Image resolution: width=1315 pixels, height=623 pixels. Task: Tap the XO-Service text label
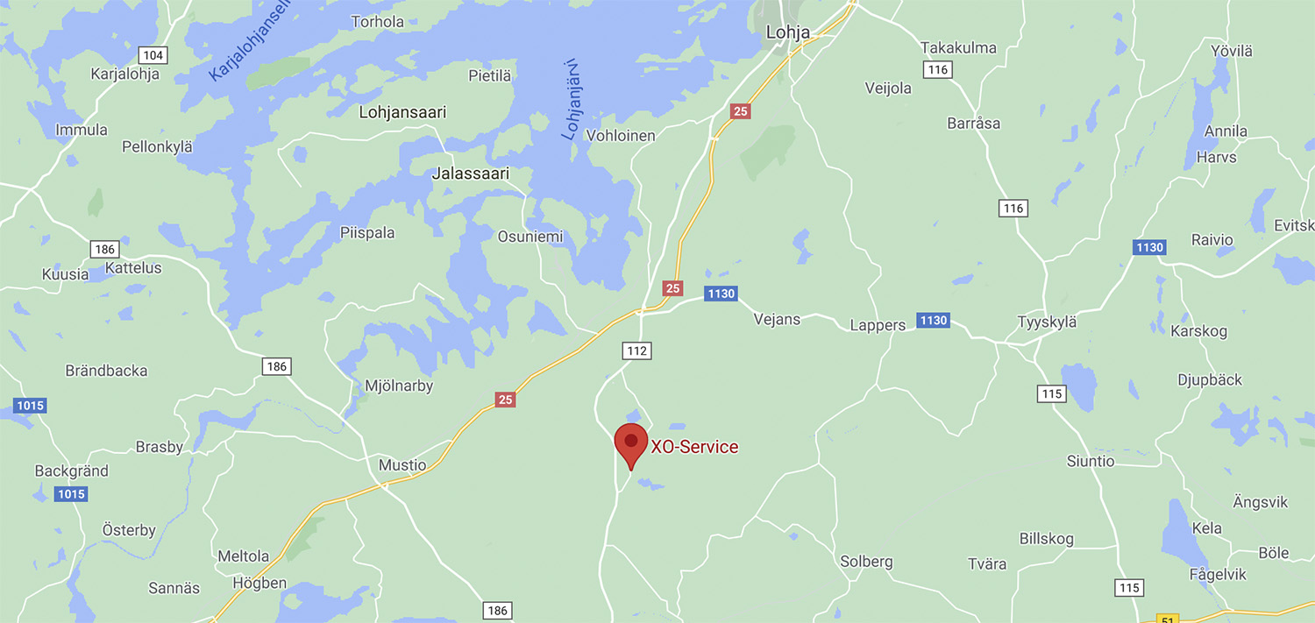click(x=694, y=447)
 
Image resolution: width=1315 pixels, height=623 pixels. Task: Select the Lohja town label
click(x=787, y=32)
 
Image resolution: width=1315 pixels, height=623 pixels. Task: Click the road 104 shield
click(x=153, y=55)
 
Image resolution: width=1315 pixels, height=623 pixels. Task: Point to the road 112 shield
click(x=637, y=350)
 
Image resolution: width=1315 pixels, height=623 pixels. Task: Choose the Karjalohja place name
click(x=125, y=74)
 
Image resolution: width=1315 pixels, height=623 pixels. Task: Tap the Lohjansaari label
click(x=402, y=112)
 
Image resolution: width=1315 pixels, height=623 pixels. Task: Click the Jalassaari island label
click(x=470, y=173)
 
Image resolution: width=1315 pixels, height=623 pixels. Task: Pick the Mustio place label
click(x=402, y=465)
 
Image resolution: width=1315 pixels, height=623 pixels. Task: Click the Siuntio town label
click(x=1091, y=461)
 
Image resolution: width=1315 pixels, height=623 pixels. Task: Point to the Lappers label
click(x=878, y=325)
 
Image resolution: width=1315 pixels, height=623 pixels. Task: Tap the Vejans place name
click(x=777, y=319)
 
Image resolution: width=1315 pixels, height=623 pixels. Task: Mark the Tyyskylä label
click(x=1047, y=322)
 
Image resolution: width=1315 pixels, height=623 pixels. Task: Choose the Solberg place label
click(x=866, y=562)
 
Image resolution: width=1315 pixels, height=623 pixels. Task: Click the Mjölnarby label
click(x=398, y=386)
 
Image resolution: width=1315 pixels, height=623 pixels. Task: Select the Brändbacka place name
click(x=106, y=371)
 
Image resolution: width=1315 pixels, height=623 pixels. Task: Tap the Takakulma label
click(x=958, y=47)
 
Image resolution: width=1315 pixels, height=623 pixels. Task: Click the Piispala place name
click(x=367, y=233)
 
